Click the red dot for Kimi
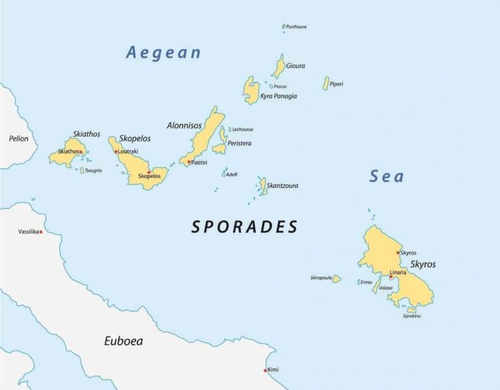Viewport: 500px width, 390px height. [x=265, y=370]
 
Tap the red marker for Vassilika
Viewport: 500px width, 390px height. [x=40, y=232]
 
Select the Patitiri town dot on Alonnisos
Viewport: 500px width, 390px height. [x=189, y=161]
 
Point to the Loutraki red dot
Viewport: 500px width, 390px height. [x=116, y=152]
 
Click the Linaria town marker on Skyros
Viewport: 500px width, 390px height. [x=391, y=277]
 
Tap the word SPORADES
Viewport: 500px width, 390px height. [x=244, y=227]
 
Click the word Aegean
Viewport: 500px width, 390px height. [x=163, y=53]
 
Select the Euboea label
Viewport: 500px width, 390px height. [x=123, y=341]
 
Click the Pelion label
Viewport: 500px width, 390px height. [x=18, y=139]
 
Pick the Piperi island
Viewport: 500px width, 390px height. [x=326, y=83]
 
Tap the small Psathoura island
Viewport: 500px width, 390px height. [x=284, y=27]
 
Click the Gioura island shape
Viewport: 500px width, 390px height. [x=279, y=66]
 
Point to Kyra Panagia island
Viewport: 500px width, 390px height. [x=251, y=91]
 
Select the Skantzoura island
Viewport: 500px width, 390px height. [x=263, y=186]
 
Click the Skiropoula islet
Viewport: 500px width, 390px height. [x=336, y=279]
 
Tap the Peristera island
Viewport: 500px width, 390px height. [x=221, y=143]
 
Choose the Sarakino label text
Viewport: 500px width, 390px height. [x=411, y=316]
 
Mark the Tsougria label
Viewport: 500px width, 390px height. [x=93, y=171]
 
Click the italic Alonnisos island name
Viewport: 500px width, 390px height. [x=184, y=126]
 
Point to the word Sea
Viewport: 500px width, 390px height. [x=387, y=176]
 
